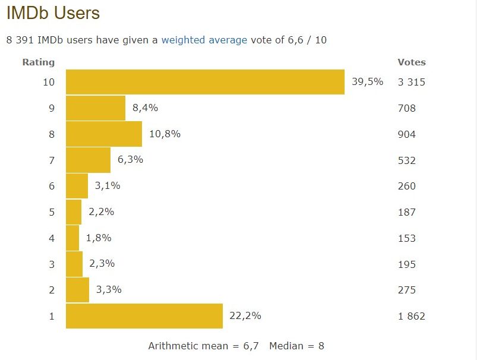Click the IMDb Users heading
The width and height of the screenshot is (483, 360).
click(x=53, y=13)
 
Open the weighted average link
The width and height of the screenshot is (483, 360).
click(x=204, y=40)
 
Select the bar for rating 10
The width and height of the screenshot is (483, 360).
click(x=205, y=82)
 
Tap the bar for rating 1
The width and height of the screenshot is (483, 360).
click(x=144, y=316)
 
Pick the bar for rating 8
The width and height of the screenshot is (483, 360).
click(x=104, y=134)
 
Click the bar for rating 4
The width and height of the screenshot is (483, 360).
click(x=72, y=238)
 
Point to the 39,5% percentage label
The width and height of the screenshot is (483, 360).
click(x=367, y=82)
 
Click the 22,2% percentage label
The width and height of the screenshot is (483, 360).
click(x=245, y=316)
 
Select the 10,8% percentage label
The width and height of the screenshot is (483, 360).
click(x=165, y=134)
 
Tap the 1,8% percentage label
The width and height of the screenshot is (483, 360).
click(x=99, y=238)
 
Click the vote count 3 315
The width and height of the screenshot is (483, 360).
click(x=411, y=82)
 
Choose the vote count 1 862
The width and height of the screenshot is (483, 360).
click(x=411, y=316)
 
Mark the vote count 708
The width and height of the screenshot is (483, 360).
click(x=407, y=108)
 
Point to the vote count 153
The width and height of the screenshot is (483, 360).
click(x=407, y=238)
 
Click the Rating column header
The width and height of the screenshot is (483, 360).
click(x=38, y=62)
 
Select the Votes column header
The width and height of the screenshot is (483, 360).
click(x=411, y=62)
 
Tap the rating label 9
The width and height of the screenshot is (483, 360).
click(x=51, y=108)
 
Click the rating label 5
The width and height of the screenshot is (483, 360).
click(x=51, y=212)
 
